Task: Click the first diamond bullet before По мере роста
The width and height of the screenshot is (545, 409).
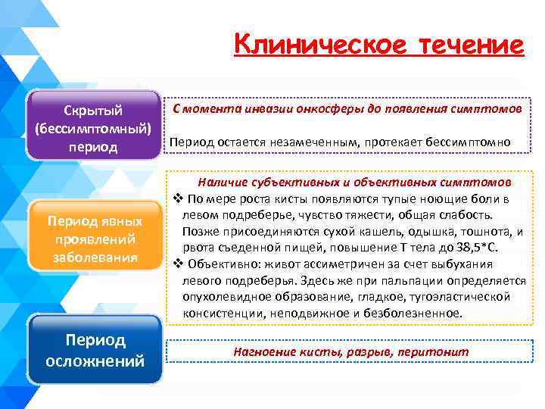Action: [x=176, y=199]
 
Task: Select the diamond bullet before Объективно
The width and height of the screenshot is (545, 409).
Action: [x=176, y=264]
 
